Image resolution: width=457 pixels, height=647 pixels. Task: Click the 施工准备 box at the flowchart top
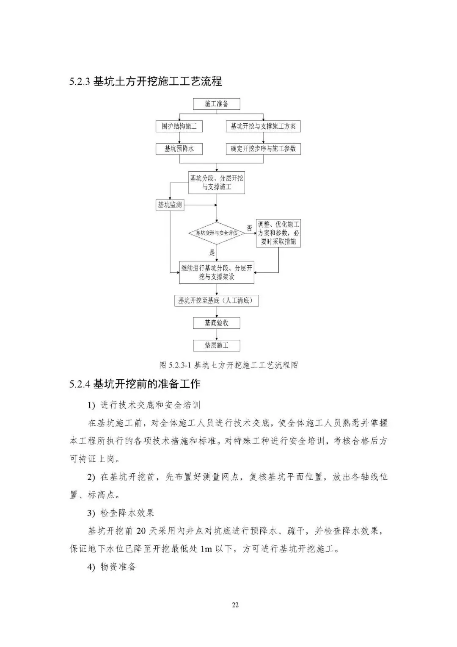click(x=216, y=104)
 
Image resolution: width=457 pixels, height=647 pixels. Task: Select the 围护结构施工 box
click(x=179, y=126)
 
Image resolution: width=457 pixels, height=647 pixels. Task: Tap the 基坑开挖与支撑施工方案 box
click(x=263, y=126)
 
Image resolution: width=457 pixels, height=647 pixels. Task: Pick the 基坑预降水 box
click(x=179, y=149)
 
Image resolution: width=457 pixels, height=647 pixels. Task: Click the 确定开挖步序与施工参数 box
click(x=263, y=149)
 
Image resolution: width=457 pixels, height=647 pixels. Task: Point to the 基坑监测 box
click(x=170, y=205)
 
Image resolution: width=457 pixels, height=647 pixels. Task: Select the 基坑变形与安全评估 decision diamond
click(x=216, y=233)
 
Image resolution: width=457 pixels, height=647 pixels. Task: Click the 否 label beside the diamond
click(x=250, y=228)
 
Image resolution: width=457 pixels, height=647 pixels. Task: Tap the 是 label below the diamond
click(x=212, y=253)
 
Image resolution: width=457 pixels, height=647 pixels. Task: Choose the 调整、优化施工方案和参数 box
click(x=278, y=233)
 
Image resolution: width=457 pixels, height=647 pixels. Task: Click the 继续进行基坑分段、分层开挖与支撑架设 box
click(x=216, y=272)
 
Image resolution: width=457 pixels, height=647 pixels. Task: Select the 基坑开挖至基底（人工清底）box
click(x=216, y=301)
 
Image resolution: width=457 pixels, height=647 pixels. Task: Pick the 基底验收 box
click(x=216, y=323)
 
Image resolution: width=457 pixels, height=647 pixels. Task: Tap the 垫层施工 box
click(x=216, y=345)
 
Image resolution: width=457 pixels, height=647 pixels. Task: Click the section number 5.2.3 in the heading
click(x=80, y=81)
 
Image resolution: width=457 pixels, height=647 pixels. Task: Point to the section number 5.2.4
click(x=80, y=384)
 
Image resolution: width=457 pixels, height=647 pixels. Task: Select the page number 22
click(x=235, y=605)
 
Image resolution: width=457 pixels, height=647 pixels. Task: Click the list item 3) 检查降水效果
click(x=121, y=513)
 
